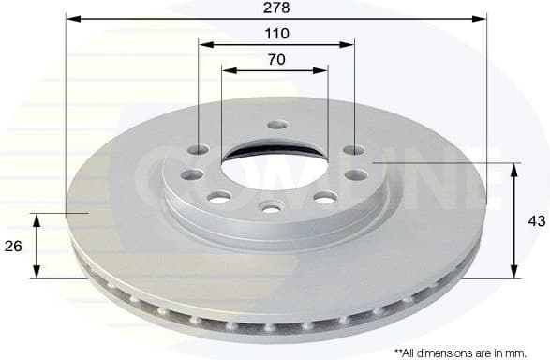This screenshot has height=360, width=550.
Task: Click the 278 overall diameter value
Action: [277, 7]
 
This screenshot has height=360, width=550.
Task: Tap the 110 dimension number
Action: [277, 33]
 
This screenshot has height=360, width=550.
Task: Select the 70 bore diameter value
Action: [276, 58]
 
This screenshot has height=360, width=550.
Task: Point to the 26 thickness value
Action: [14, 247]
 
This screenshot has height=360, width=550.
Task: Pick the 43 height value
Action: [536, 221]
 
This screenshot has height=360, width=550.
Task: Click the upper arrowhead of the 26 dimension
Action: [37, 218]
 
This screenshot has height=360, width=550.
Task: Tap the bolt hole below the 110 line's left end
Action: [200, 150]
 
